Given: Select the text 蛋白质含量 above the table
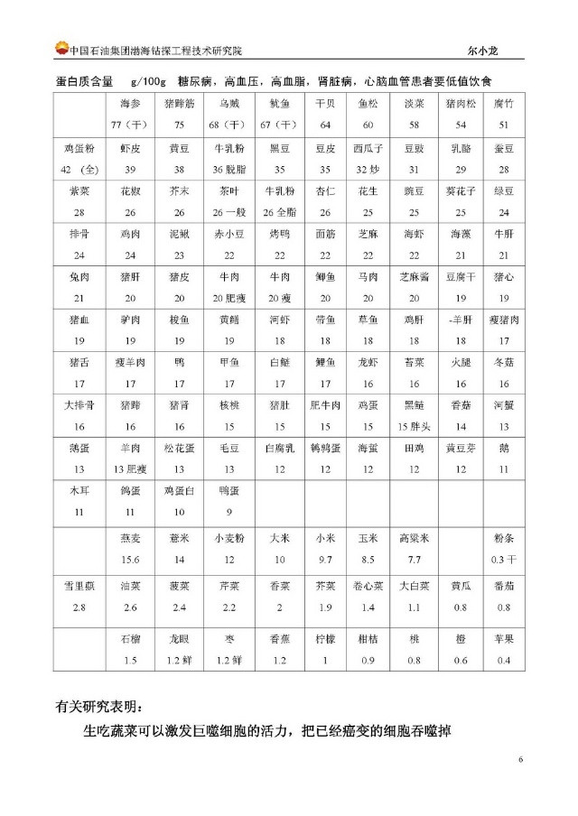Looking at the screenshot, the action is (x=86, y=81).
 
